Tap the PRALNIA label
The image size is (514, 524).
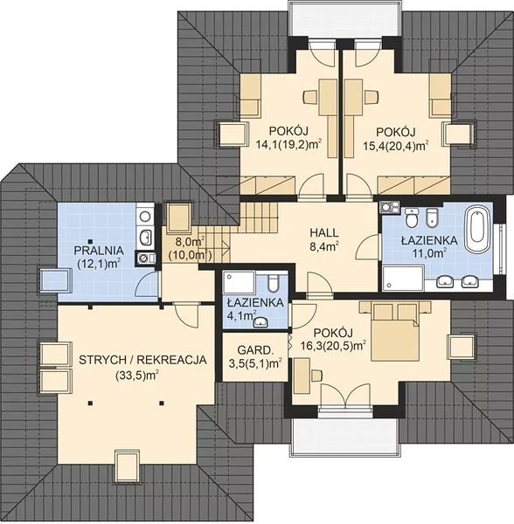(99, 251)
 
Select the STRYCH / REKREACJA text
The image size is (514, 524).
(142, 360)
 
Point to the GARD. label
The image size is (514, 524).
(255, 350)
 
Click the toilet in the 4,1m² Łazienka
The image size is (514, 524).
(274, 283)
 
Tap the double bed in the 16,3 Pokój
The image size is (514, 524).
(395, 331)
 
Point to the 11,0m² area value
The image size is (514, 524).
(430, 253)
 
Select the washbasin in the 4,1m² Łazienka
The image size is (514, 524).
(260, 322)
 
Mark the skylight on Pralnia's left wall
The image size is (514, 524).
(56, 280)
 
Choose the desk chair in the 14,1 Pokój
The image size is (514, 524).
(309, 97)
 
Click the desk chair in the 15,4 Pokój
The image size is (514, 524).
(372, 97)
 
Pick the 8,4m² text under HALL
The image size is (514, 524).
(323, 247)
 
